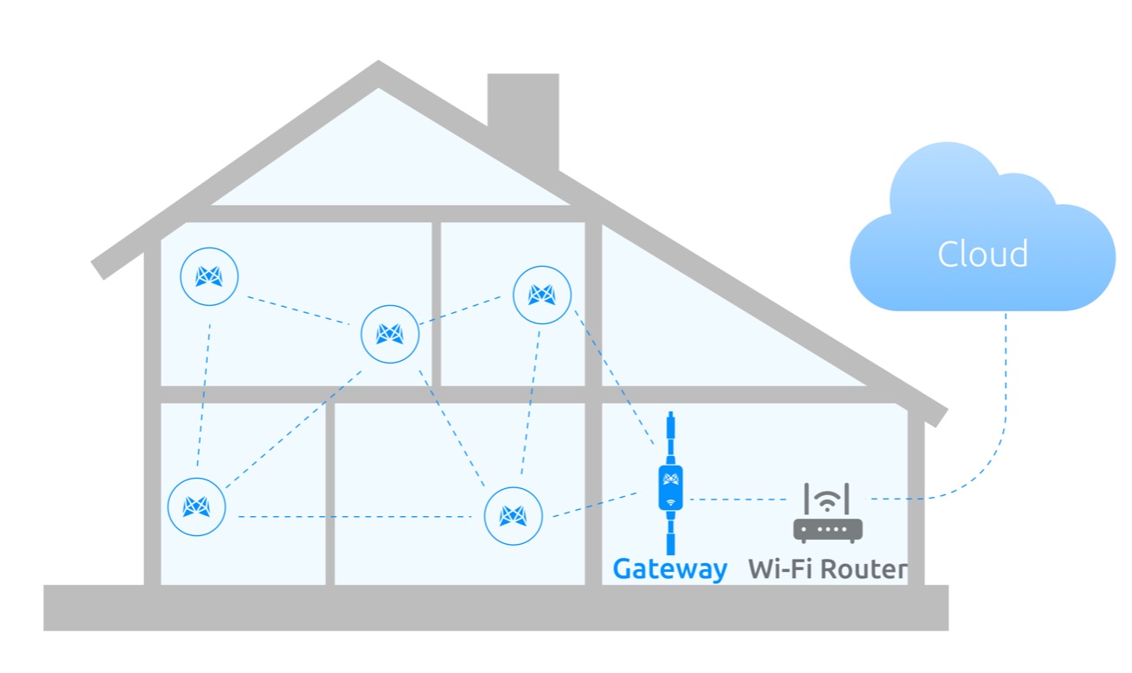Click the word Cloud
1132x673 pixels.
[982, 254]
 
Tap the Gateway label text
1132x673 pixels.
[670, 569]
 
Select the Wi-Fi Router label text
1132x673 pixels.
[827, 569]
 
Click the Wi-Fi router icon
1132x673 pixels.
[828, 516]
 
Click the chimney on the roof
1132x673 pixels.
[523, 118]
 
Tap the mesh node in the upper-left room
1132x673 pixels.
[209, 276]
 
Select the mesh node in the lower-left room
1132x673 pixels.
[196, 506]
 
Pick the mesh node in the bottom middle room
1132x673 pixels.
[513, 516]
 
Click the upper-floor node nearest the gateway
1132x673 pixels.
[542, 295]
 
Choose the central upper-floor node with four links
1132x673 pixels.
[390, 333]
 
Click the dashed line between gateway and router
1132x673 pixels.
[740, 500]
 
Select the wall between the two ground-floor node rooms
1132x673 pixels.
[330, 493]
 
